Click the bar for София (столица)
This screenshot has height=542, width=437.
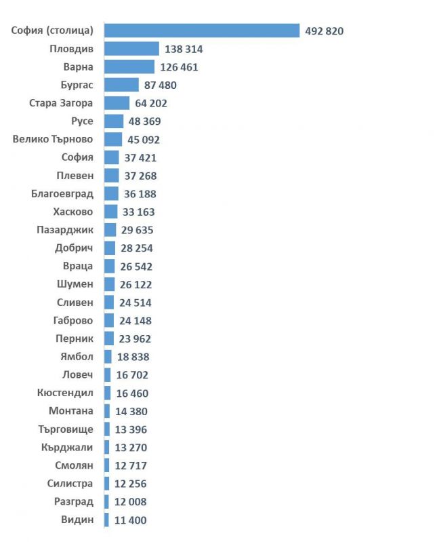point(202,31)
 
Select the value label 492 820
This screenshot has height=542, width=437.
point(324,31)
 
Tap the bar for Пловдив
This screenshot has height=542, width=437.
point(132,49)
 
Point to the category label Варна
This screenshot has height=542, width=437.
point(79,66)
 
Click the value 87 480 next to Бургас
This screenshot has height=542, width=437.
point(160,85)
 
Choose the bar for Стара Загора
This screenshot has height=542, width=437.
point(117,103)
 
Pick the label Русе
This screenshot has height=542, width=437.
point(82,121)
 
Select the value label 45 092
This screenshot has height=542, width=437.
point(144,140)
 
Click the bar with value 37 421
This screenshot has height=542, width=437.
point(112,157)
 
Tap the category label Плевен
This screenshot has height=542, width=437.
point(75,176)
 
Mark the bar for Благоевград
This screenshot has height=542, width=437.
point(112,193)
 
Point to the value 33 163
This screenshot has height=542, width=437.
point(138,212)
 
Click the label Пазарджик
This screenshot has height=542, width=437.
point(65,230)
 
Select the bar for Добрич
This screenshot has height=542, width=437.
point(110,248)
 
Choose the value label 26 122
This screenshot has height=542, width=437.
point(136,284)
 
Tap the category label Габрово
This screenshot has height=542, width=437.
point(73,320)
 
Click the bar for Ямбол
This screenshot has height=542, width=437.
point(108,356)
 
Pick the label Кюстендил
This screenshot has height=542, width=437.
point(65,393)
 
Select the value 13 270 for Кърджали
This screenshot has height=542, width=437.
point(131,448)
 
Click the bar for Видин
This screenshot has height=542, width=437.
point(106,520)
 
